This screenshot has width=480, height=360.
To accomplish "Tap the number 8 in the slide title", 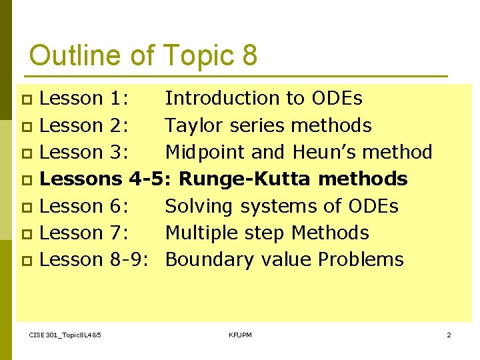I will click(x=250, y=55).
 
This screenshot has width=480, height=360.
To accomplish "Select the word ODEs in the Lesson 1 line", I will click(x=337, y=99).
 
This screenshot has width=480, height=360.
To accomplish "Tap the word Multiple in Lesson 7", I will click(x=202, y=233).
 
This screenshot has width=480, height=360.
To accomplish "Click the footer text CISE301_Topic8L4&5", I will click(x=65, y=335).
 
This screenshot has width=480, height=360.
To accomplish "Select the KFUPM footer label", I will click(x=240, y=335).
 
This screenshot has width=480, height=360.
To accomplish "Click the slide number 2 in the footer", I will click(x=449, y=335).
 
